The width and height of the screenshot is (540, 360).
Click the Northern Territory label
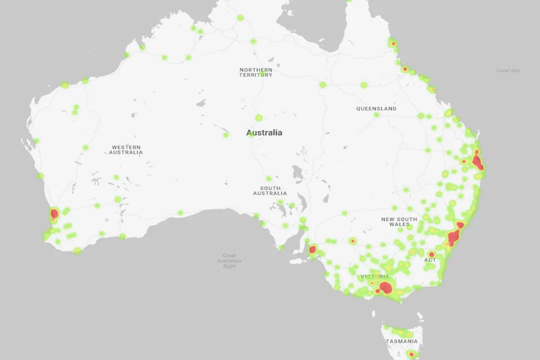pyautogui.click(x=255, y=72)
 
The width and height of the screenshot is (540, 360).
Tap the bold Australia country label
pyautogui.click(x=264, y=132)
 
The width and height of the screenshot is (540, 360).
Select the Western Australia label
pyautogui.click(x=125, y=149)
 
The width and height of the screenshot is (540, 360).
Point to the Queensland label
pyautogui.click(x=376, y=108)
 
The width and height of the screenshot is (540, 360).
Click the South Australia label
pyautogui.click(x=270, y=190)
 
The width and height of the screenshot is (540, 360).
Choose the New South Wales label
pyautogui.click(x=399, y=221)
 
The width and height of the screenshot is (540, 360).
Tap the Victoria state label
pyautogui.click(x=375, y=276)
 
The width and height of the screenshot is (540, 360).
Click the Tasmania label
pyautogui.click(x=401, y=341)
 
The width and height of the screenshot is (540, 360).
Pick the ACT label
pyautogui.click(x=430, y=260)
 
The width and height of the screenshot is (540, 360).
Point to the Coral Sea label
pyautogui.click(x=508, y=70)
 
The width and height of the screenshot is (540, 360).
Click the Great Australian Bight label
pyautogui.click(x=229, y=260)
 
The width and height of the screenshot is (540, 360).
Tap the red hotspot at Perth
pyautogui.click(x=54, y=214)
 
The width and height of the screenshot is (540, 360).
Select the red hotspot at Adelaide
pyautogui.click(x=313, y=249)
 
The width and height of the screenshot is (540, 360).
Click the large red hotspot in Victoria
pyautogui.click(x=385, y=287)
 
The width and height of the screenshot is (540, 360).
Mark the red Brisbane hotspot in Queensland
pyautogui.click(x=477, y=161)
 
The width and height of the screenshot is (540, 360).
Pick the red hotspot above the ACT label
pyautogui.click(x=431, y=254)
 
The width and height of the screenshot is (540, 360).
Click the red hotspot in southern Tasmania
pyautogui.click(x=411, y=354)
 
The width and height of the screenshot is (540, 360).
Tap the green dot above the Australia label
pyautogui.click(x=258, y=118)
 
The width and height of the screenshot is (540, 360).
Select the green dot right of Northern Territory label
pyautogui.click(x=322, y=85)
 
